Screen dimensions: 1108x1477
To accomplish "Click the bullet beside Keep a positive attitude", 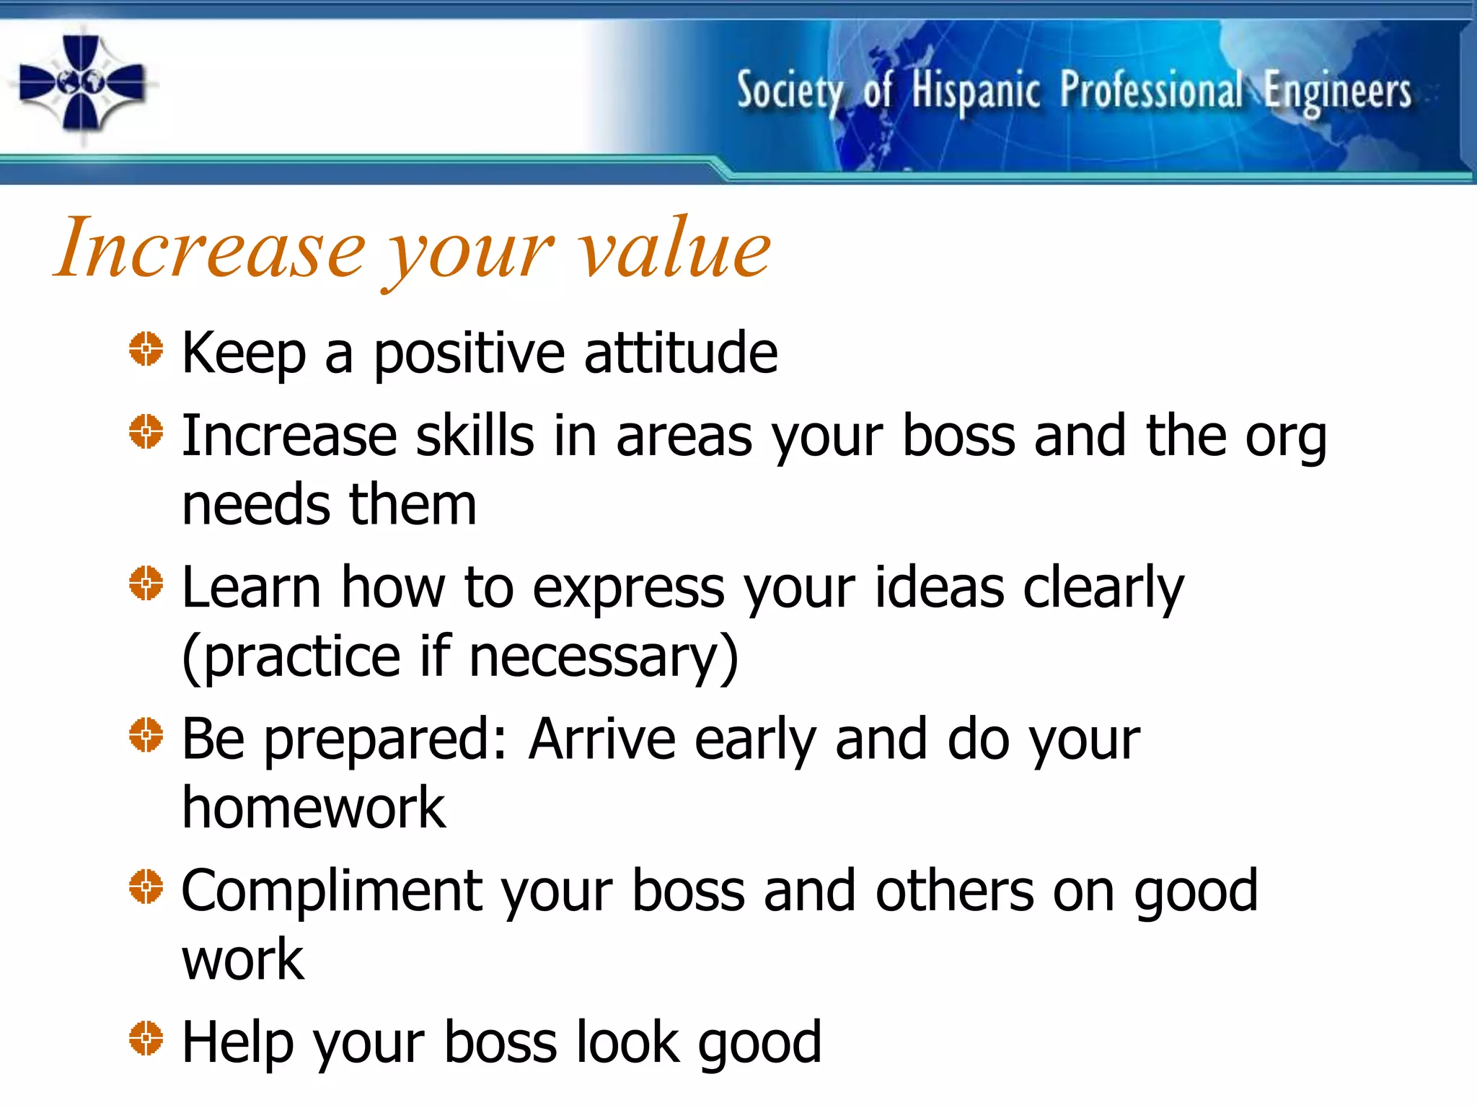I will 146,349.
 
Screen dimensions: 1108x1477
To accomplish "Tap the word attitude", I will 680,353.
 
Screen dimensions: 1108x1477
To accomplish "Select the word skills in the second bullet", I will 475,436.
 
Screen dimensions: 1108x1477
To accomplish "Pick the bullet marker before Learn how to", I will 146,583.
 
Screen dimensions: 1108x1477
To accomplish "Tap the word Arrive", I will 601,739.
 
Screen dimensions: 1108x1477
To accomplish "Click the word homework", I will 314,808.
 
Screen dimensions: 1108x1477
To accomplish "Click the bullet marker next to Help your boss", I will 146,1039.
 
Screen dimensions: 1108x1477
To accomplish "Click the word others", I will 955,892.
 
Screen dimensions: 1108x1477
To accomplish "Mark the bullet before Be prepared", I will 146,735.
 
